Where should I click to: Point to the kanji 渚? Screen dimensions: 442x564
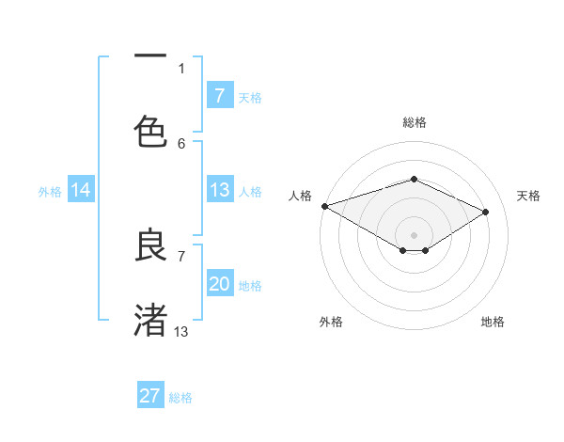point(150,320)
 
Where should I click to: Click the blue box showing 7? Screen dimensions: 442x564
point(219,96)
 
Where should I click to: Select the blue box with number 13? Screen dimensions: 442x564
point(219,191)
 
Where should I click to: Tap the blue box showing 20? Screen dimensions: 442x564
point(219,285)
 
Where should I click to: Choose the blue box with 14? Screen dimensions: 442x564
point(81,191)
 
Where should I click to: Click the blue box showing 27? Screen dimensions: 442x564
point(150,396)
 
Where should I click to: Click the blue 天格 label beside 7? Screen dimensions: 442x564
point(250,97)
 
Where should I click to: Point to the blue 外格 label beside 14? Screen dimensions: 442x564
point(50,192)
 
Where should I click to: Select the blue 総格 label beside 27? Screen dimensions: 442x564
point(180,398)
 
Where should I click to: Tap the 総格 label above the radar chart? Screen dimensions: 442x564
point(415,122)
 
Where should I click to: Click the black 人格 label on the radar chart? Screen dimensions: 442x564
point(300,196)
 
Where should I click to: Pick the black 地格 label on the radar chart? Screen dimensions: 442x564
point(493,322)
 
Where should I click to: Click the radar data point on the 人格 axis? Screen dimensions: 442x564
point(324,206)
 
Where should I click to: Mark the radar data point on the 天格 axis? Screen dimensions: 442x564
point(486,212)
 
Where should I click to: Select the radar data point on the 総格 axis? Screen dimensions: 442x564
point(414,179)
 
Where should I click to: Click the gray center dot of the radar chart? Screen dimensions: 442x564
point(414,234)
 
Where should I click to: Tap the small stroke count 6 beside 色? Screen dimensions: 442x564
point(181,143)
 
